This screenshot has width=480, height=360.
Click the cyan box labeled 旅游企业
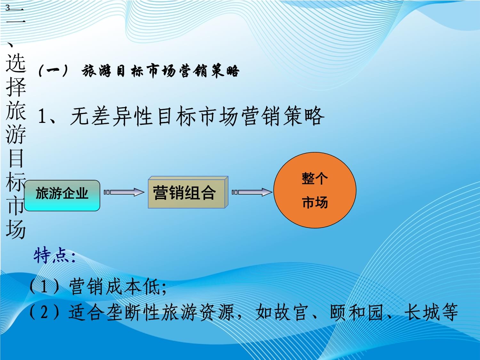click(x=62, y=195)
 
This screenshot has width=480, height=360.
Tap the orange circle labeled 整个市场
click(x=315, y=190)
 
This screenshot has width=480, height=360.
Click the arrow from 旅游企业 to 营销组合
click(x=124, y=192)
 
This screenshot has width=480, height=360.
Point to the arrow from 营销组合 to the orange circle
click(x=252, y=192)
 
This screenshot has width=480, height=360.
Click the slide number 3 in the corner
click(x=7, y=8)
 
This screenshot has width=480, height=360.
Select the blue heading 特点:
click(x=54, y=256)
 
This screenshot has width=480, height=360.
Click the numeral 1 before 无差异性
click(x=42, y=116)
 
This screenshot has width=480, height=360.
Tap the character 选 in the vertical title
click(x=16, y=62)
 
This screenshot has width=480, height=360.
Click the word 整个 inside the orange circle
click(x=315, y=178)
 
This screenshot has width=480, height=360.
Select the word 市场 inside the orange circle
click(x=315, y=203)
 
